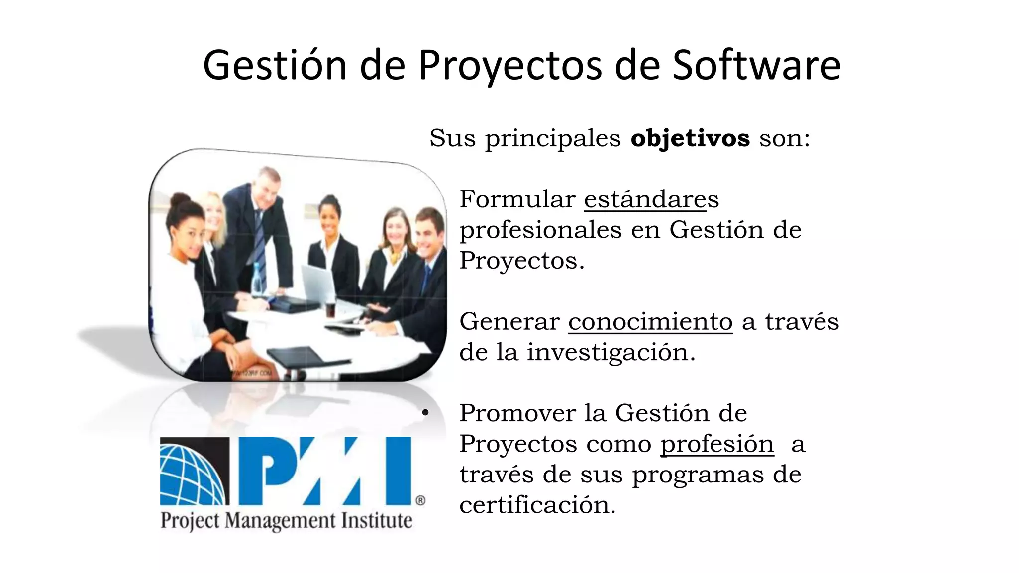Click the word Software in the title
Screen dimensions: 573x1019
pyautogui.click(x=756, y=65)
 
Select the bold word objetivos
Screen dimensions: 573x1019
pyautogui.click(x=690, y=138)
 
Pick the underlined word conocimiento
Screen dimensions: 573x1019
pyautogui.click(x=650, y=322)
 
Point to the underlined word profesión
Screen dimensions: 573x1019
pyautogui.click(x=716, y=444)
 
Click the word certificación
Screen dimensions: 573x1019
pyautogui.click(x=537, y=505)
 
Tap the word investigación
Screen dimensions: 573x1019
pyautogui.click(x=611, y=353)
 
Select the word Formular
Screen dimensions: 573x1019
pyautogui.click(x=517, y=199)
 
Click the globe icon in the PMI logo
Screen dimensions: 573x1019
pyautogui.click(x=194, y=471)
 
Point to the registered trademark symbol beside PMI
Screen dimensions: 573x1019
pyautogui.click(x=420, y=500)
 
